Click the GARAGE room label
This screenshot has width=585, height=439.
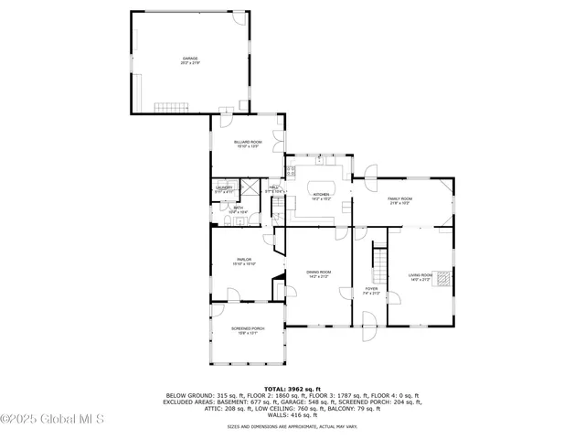pos(190,59)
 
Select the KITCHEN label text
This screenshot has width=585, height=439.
pos(321,195)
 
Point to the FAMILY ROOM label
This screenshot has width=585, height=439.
pos(400,198)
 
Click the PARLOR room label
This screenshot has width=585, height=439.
pos(244,260)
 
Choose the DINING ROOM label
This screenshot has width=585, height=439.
pos(318,273)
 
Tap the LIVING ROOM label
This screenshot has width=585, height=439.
pos(420,274)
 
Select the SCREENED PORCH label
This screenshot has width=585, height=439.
pos(247,328)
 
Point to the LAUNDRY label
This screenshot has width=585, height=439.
pos(224,188)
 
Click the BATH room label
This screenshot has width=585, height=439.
pos(238,209)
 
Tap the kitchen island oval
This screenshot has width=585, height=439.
pos(321,186)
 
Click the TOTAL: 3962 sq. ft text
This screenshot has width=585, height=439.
pos(292,389)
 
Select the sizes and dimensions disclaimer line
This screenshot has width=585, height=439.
pos(292,425)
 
